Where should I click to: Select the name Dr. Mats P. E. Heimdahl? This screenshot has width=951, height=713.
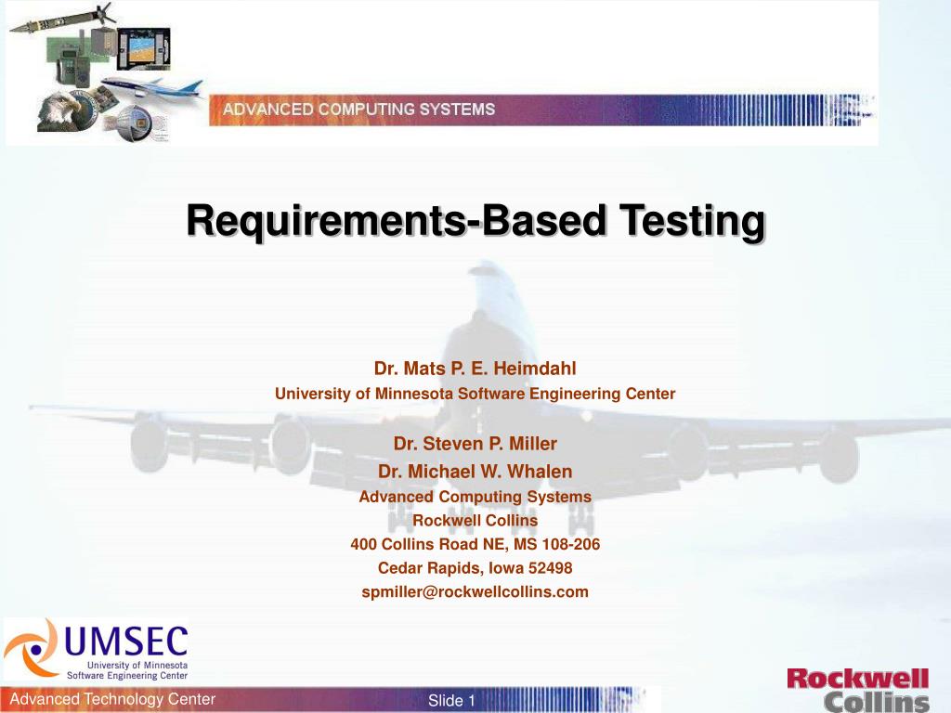[x=475, y=369]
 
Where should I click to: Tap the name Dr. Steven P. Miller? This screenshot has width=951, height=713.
[x=475, y=443]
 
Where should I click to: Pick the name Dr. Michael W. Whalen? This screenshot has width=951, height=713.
[x=475, y=472]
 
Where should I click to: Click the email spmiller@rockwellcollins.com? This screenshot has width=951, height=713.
[x=475, y=591]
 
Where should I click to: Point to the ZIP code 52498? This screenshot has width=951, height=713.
[x=551, y=567]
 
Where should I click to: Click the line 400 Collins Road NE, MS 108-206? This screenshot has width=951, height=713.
[x=475, y=544]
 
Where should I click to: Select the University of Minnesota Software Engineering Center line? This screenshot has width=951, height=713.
[x=475, y=394]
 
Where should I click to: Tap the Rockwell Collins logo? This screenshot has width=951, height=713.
[x=857, y=690]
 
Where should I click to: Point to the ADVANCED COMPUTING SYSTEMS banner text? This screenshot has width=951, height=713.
[x=358, y=110]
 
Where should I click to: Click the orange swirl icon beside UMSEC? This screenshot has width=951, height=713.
[x=31, y=647]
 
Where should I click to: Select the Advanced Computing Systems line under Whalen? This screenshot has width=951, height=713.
[x=475, y=497]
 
